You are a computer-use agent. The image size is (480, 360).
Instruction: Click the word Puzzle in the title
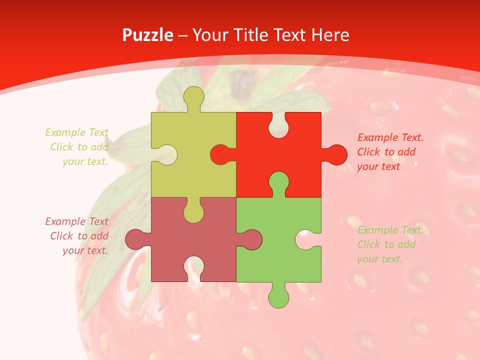pyautogui.click(x=148, y=35)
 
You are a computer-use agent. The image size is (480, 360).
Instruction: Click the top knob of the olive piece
pyautogui.click(x=193, y=97)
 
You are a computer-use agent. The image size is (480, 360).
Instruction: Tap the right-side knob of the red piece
pyautogui.click(x=335, y=154)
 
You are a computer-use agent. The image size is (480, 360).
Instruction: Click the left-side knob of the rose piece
pyautogui.click(x=136, y=239)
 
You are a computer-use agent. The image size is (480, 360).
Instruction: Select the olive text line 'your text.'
pyautogui.click(x=85, y=161)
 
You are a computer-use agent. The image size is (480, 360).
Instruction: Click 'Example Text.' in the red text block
pyautogui.click(x=390, y=137)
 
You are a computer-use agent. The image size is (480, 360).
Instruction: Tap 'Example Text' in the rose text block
pyautogui.click(x=76, y=221)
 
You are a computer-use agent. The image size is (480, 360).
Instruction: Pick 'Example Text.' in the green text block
pyautogui.click(x=390, y=230)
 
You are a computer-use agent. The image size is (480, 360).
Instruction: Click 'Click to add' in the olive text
pyautogui.click(x=79, y=147)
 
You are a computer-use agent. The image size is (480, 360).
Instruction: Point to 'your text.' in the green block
pyautogui.click(x=379, y=259)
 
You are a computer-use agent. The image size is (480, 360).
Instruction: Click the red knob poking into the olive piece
pyautogui.click(x=220, y=154)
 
